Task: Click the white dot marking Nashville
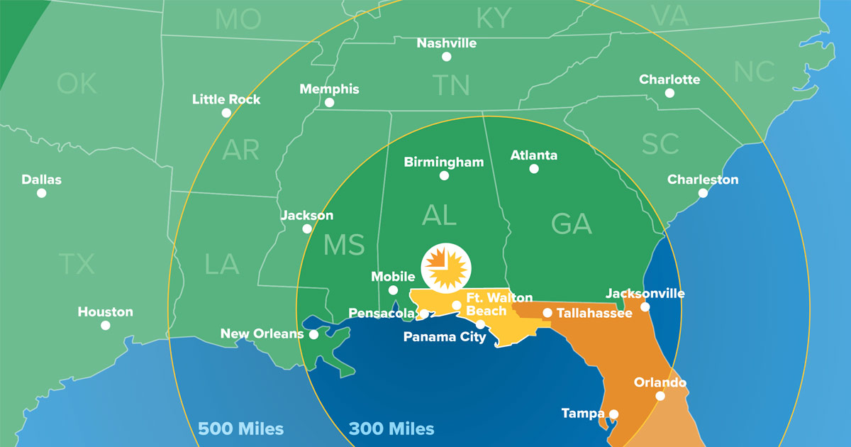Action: coord(446,57)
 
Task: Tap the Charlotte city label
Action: coord(669,79)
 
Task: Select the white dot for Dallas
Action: coord(42,193)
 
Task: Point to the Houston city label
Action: coord(105,311)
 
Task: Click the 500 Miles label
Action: coord(240,429)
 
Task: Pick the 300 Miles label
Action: coord(391,429)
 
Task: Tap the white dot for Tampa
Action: coord(613,414)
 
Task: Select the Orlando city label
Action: coord(660,382)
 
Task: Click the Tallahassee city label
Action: coord(594,313)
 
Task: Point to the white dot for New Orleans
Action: coord(313,334)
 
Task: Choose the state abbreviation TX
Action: coord(77,265)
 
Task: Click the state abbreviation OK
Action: coord(77,84)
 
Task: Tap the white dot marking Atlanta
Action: coord(533,169)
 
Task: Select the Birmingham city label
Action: coord(444,162)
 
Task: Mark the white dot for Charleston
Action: coord(703,193)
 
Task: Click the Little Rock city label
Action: coord(226,99)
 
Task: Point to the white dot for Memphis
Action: coord(329,103)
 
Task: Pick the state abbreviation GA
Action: coord(572,225)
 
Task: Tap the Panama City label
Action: coord(445,337)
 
